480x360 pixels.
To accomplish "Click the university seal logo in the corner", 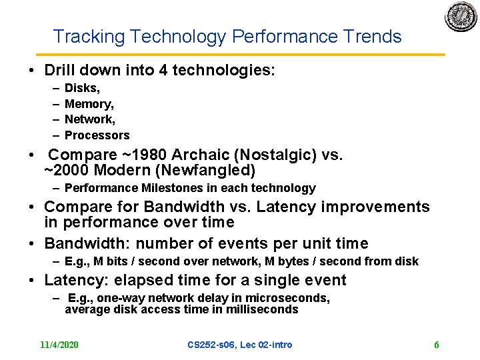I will click(x=461, y=17).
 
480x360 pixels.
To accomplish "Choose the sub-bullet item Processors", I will click(x=97, y=135).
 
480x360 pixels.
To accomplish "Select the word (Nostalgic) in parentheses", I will click(x=271, y=155).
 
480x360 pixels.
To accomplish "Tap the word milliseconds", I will click(x=261, y=309).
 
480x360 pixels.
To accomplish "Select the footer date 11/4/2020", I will click(x=59, y=345).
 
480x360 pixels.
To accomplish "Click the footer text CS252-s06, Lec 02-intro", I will click(x=239, y=345).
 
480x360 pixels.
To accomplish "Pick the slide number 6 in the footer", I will click(x=436, y=345).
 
